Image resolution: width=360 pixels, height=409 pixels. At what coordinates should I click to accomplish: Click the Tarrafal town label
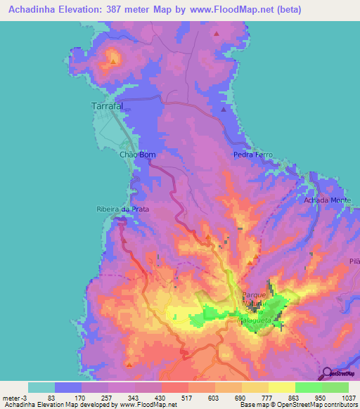click(x=108, y=106)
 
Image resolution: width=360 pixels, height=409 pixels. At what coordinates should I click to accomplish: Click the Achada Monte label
click(x=327, y=200)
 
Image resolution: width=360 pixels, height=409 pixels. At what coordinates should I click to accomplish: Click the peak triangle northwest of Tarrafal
click(x=112, y=60)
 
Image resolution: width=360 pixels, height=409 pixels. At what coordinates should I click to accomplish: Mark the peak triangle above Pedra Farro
click(x=224, y=109)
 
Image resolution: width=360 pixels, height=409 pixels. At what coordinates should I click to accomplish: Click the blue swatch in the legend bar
click(x=68, y=387)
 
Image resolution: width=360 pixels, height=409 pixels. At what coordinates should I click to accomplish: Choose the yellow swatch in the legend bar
click(x=282, y=387)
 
